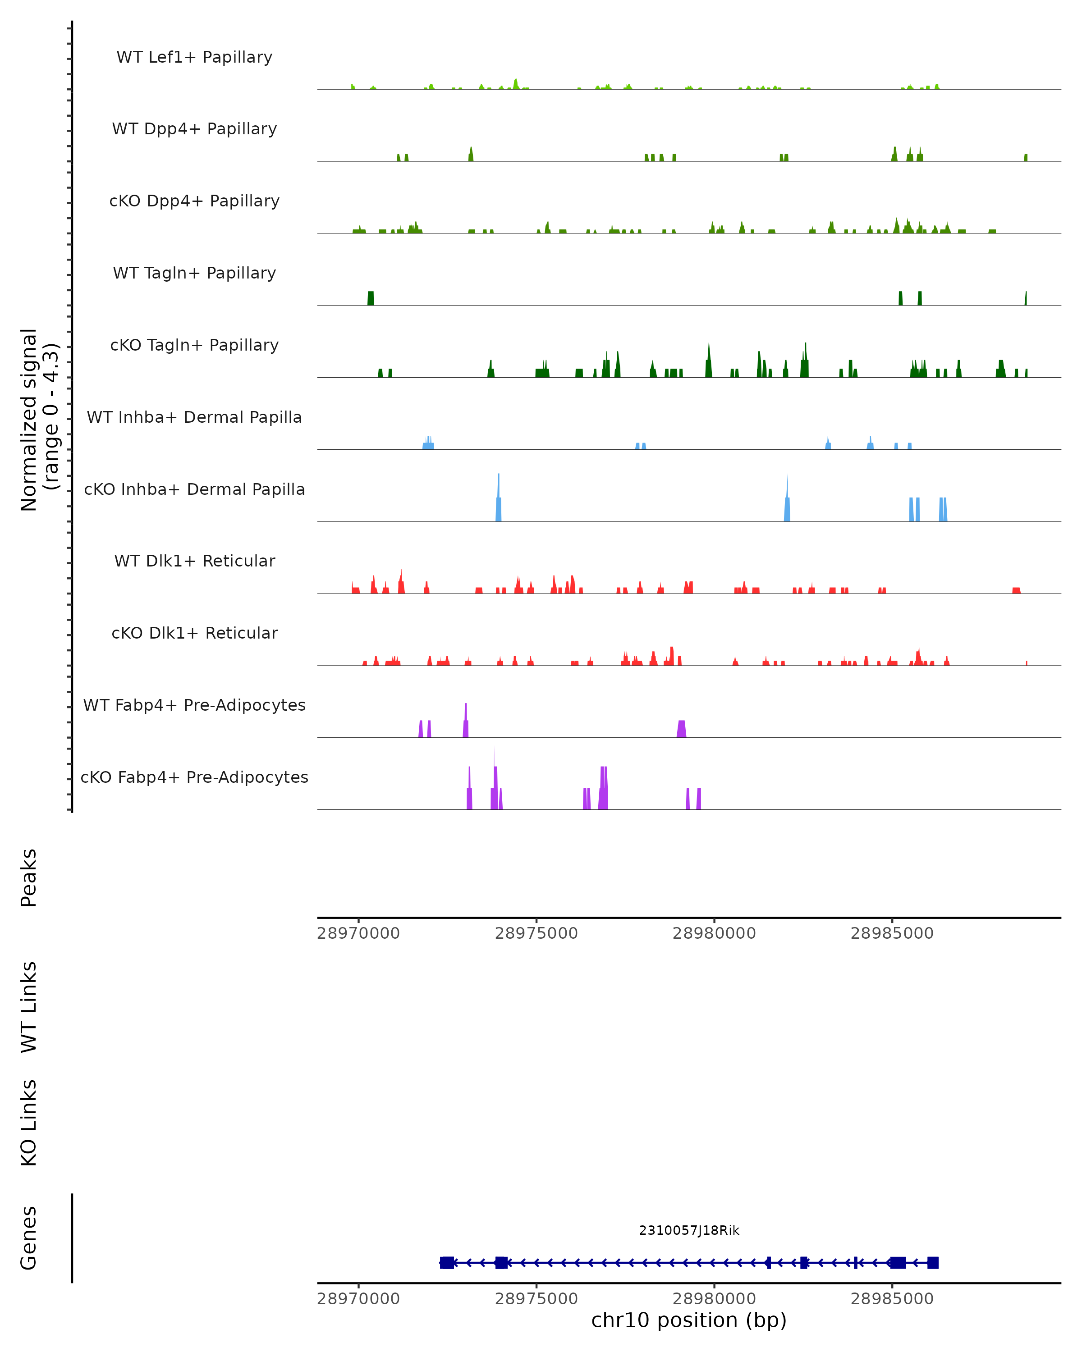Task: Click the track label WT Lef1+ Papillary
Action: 194,58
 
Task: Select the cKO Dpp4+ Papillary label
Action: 194,201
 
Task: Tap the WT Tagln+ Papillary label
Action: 194,274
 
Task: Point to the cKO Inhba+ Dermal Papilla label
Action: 194,490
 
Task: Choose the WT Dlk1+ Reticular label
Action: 194,561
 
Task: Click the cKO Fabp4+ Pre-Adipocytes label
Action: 194,777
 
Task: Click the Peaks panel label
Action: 29,878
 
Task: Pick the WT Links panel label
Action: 29,1006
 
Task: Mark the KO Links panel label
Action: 29,1123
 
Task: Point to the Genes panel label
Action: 29,1238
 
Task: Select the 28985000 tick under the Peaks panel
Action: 892,933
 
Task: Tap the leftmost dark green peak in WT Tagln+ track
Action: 371,298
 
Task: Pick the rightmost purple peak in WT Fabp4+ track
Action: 682,729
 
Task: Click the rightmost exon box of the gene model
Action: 933,1263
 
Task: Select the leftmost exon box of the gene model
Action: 447,1263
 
